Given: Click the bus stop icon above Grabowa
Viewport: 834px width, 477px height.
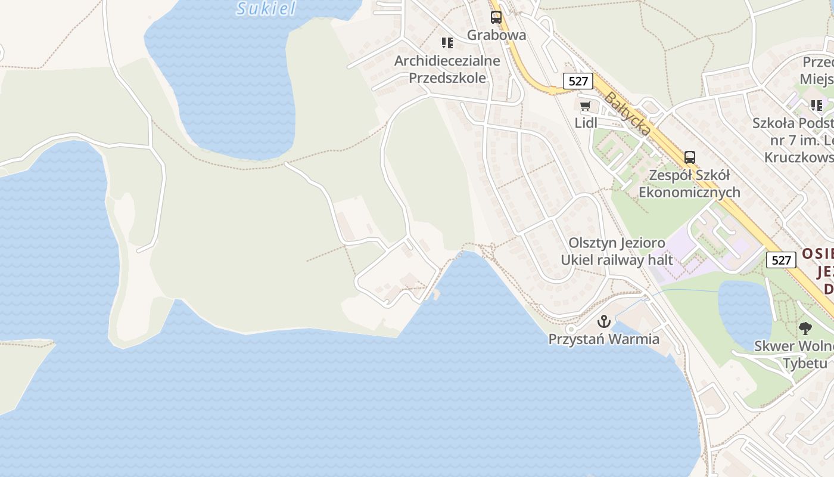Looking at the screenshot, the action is pyautogui.click(x=496, y=17).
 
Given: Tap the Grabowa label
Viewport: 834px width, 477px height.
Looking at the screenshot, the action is pyautogui.click(x=496, y=35).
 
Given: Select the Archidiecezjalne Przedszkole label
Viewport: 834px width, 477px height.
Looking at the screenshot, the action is pyautogui.click(x=447, y=69).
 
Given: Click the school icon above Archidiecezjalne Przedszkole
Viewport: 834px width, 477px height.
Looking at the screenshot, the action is pyautogui.click(x=447, y=43).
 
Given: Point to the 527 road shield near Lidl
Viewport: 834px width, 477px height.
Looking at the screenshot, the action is pyautogui.click(x=578, y=81).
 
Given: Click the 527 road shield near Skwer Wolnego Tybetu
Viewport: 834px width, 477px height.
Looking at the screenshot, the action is pyautogui.click(x=780, y=260).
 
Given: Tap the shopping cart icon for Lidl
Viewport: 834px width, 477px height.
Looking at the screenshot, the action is pyautogui.click(x=586, y=107).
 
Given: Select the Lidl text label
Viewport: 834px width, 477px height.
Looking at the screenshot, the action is pyautogui.click(x=586, y=123).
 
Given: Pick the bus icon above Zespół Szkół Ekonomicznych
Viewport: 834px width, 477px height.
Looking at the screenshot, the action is pyautogui.click(x=690, y=157).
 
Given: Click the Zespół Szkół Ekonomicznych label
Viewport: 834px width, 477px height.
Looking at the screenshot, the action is pyautogui.click(x=689, y=184).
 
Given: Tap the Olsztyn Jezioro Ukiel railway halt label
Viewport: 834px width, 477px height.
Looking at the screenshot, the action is pyautogui.click(x=617, y=252).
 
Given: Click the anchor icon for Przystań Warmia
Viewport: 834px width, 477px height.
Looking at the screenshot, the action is pyautogui.click(x=604, y=322).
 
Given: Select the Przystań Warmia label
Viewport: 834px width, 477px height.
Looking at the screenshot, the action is pyautogui.click(x=604, y=339).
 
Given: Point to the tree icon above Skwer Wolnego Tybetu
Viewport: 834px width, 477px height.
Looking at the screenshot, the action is pyautogui.click(x=805, y=328).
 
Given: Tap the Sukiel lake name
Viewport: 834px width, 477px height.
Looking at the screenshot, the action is pyautogui.click(x=266, y=8).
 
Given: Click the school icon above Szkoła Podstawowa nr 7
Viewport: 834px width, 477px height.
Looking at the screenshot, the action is pyautogui.click(x=817, y=106).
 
